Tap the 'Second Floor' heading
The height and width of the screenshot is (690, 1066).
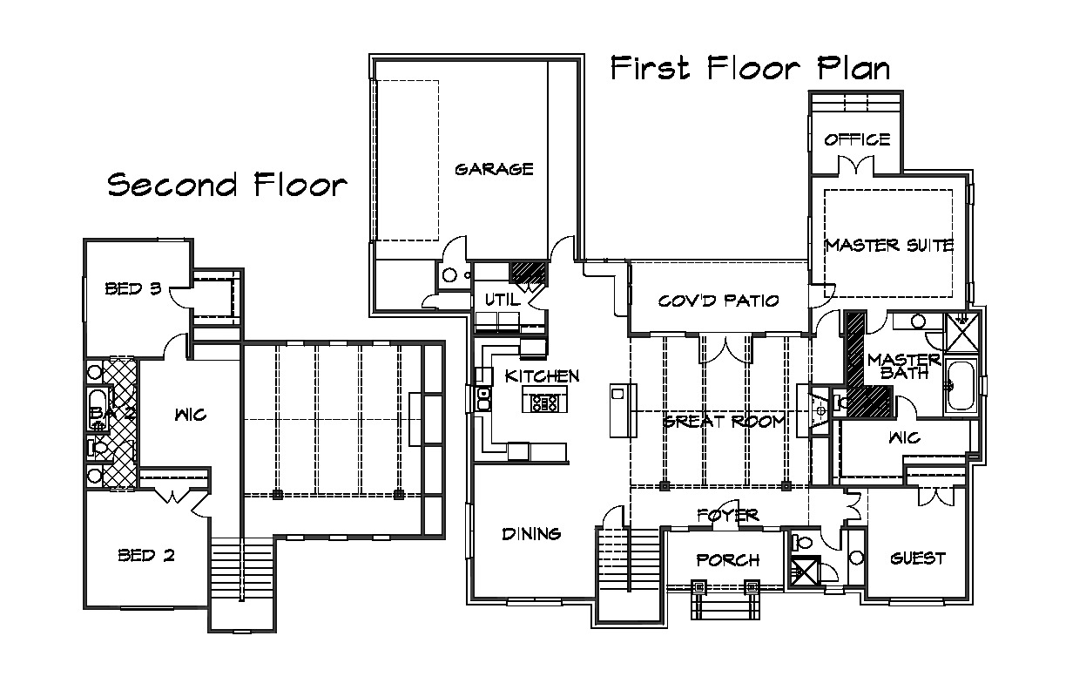point(227,185)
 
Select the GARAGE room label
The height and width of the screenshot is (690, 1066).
point(494,170)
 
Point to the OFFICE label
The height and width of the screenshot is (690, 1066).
point(857,139)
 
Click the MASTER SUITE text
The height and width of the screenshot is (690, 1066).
point(889,245)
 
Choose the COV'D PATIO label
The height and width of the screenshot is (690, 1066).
point(719,301)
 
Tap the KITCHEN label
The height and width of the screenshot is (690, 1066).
point(542,376)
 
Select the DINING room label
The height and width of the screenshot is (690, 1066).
point(531,534)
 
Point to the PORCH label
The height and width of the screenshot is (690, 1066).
point(727,560)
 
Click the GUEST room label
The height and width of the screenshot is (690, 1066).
point(918,558)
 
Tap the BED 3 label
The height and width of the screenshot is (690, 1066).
point(133,288)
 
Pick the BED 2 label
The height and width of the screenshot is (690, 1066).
point(146,555)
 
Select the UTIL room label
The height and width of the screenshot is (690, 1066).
point(503,300)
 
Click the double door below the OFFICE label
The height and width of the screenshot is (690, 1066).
point(856,167)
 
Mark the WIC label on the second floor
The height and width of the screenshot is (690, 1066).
point(191,415)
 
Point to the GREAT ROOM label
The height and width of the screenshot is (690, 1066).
point(724,422)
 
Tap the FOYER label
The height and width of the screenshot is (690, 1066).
point(728,515)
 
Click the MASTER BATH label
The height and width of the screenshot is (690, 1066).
point(904,366)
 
